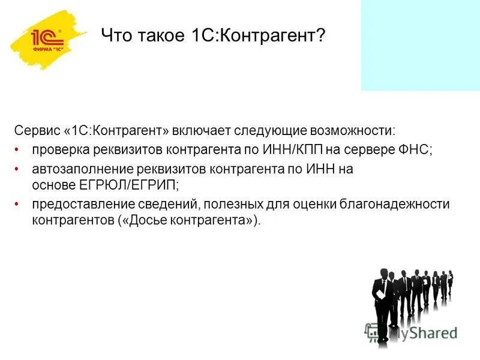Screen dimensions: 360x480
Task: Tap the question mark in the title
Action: point(321,37)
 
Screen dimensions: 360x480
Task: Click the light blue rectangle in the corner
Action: point(420,45)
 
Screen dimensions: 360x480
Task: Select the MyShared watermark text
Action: point(420,332)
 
